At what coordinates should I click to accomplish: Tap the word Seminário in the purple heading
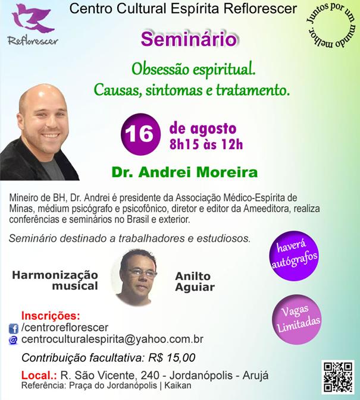coord(189,39)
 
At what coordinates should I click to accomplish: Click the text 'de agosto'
coord(203,128)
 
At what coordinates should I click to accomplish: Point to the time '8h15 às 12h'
coord(206,144)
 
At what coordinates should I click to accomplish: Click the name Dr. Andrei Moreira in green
coord(184,172)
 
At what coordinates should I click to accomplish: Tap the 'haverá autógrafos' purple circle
coord(294,256)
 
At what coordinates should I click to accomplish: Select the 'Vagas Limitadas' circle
coord(297,319)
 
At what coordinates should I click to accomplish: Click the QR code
coord(338,377)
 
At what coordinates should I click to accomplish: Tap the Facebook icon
coord(13,329)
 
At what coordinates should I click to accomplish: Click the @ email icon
coord(13,340)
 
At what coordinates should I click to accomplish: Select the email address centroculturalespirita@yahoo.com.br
coord(112,339)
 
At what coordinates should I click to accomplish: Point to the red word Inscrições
coord(51,316)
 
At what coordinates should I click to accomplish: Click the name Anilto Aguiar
coord(195,281)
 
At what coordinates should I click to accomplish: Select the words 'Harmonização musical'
coord(55,281)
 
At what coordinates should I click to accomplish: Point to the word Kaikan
coord(178,386)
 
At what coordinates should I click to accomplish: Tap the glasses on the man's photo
coord(142,273)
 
